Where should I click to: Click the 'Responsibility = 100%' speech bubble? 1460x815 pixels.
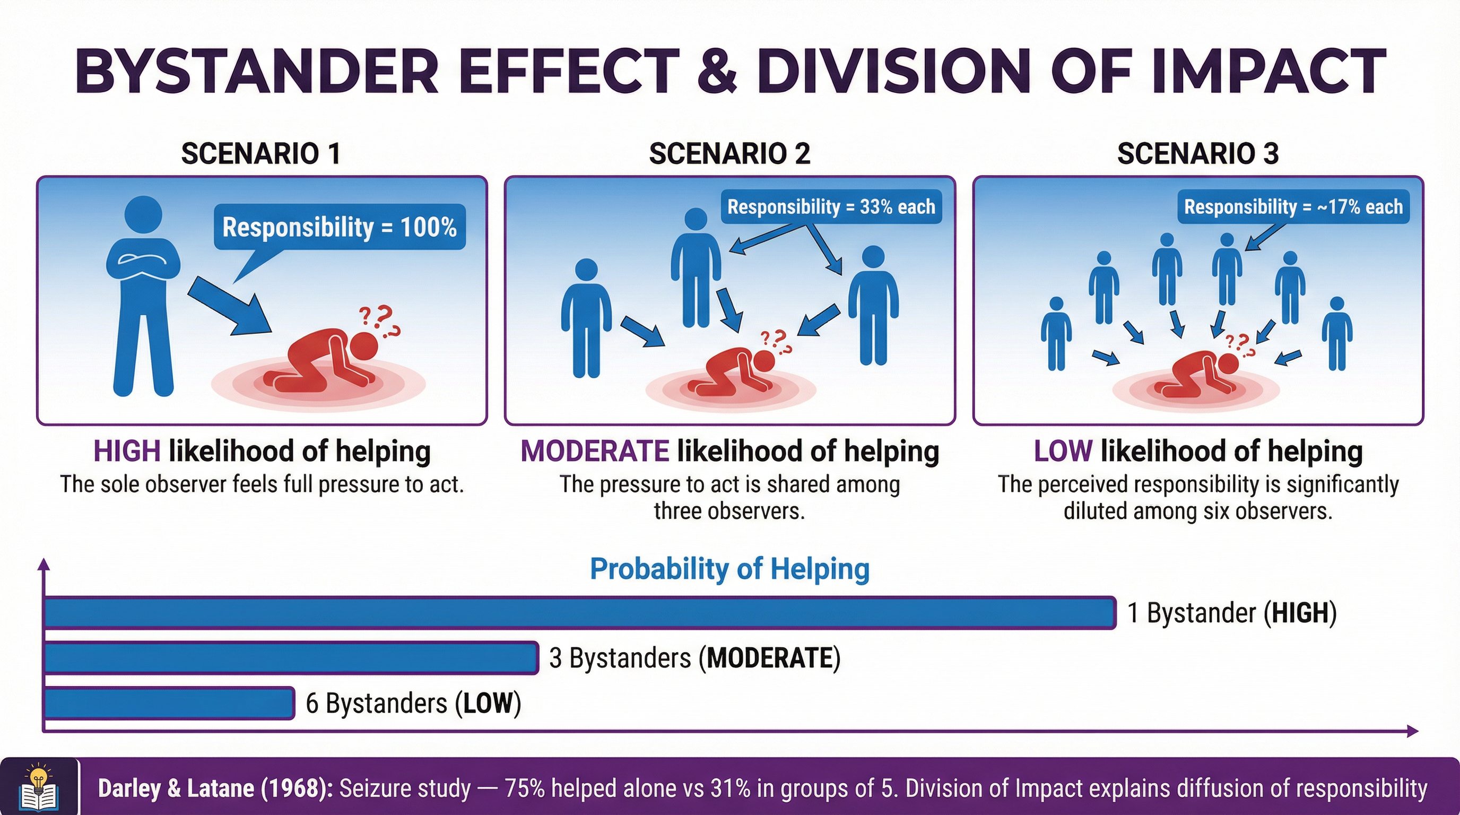click(339, 227)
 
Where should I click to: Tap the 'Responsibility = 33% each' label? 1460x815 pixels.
click(831, 207)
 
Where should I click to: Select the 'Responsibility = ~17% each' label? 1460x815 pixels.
click(1293, 207)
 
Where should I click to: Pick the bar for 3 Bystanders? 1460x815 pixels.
click(291, 658)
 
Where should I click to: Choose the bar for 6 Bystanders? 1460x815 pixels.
click(169, 704)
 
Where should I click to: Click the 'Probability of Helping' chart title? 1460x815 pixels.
click(729, 568)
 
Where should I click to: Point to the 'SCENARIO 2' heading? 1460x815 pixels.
click(729, 153)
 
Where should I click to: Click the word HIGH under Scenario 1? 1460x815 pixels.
click(127, 452)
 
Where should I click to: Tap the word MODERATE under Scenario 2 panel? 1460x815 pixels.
click(595, 452)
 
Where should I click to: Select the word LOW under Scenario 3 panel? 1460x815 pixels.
click(1063, 452)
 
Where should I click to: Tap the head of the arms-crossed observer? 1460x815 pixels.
click(143, 215)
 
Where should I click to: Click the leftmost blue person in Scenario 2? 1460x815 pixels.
click(586, 317)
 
